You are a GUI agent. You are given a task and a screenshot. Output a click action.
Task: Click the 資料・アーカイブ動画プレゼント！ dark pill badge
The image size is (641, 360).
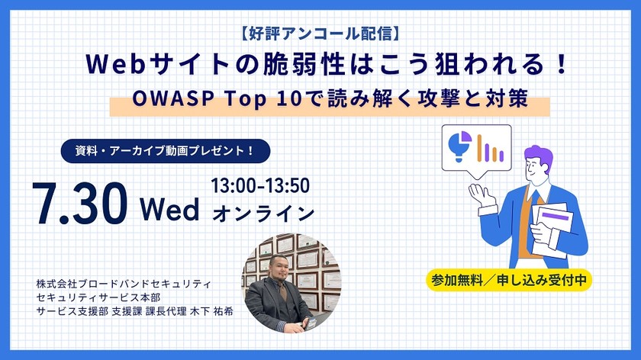[x=167, y=150]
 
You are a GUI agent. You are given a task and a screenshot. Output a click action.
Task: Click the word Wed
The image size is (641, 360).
[x=169, y=208]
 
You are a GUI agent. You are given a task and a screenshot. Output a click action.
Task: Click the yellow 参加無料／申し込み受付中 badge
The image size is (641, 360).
[x=508, y=279]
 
